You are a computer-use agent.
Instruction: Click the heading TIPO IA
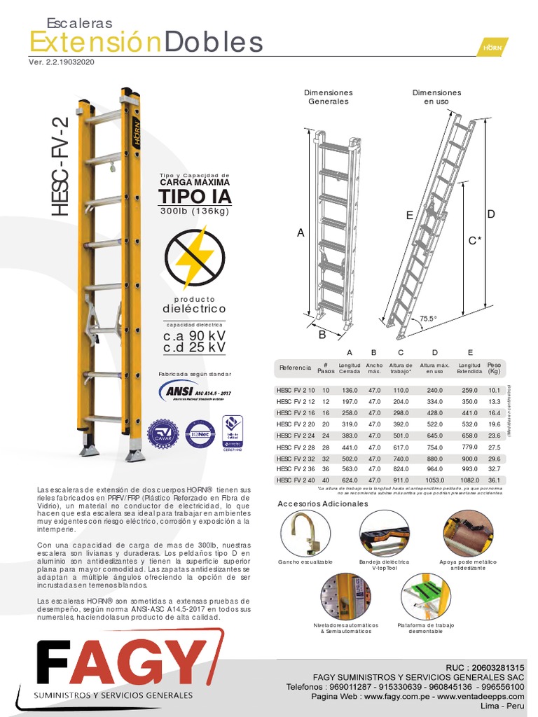pos(194,197)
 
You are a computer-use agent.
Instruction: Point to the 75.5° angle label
pos(428,319)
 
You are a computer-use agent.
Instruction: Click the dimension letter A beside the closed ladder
pos(301,233)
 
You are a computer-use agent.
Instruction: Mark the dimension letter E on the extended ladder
pos(409,216)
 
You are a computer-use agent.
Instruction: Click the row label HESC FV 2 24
pos(296,436)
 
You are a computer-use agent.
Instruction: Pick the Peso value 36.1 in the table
pos(494,480)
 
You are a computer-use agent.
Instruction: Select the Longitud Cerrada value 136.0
pos(349,390)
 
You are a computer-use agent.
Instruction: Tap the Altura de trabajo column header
pos(401,368)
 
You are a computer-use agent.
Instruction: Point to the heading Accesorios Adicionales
pos(322,503)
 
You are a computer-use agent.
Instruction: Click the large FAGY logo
pos(119,669)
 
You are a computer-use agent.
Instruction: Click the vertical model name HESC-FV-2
pos(60,166)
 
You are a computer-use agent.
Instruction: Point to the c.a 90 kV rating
pos(194,336)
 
